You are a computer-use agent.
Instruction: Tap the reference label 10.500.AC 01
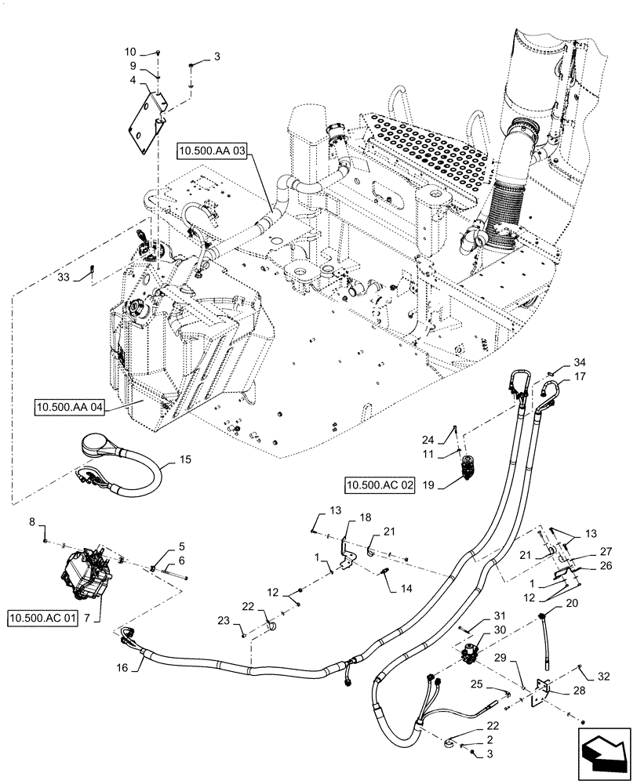tap(44, 619)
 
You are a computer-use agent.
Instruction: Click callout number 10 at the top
tap(131, 51)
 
